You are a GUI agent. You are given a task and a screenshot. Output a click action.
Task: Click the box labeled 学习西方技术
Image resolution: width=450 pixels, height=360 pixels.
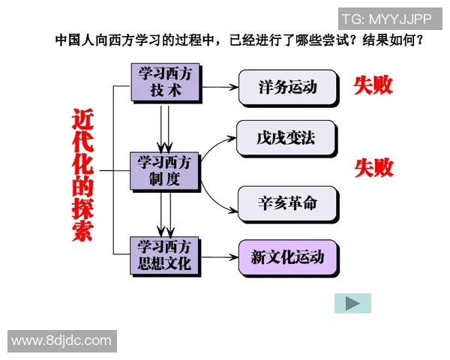165,81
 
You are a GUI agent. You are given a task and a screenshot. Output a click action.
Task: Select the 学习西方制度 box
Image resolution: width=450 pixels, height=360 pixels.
165,171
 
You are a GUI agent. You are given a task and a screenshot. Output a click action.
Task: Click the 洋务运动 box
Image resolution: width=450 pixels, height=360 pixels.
287,87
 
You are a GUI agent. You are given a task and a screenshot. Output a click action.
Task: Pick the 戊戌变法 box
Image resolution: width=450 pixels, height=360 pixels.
286,139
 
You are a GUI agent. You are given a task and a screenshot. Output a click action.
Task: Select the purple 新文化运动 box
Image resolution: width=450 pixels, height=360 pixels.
287,258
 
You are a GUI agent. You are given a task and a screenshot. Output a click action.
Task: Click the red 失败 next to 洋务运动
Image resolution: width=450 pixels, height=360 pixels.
373,85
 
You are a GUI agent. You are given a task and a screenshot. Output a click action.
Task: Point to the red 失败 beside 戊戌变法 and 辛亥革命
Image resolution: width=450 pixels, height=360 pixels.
373,168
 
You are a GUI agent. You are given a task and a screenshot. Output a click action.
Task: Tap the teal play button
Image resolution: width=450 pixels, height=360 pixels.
352,303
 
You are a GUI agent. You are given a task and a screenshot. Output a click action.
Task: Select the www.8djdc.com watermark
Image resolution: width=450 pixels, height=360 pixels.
61,341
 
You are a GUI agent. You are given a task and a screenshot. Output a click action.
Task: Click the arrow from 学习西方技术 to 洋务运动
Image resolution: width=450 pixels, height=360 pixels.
219,87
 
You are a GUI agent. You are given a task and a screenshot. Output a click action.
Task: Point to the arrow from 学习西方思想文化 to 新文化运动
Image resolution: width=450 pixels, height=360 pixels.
219,258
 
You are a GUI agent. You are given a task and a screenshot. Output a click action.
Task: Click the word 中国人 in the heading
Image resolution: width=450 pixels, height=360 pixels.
73,39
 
